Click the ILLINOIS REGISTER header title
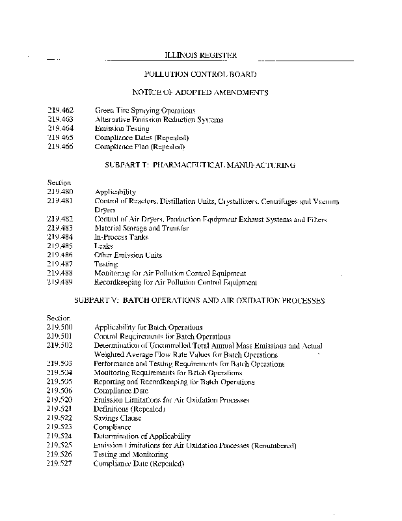click(200, 56)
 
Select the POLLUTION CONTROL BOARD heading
click(200, 75)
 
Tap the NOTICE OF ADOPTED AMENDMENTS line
click(200, 93)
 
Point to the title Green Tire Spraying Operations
click(145, 111)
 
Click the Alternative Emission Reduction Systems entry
click(159, 120)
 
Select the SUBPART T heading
click(200, 165)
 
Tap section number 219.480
click(60, 192)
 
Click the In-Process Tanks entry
click(122, 237)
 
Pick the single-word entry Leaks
click(103, 246)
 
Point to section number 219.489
click(60, 283)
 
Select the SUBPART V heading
click(200, 301)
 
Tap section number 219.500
click(60, 328)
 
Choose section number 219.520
click(60, 400)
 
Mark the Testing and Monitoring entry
click(130, 455)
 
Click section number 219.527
click(60, 464)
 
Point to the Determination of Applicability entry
click(142, 436)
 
